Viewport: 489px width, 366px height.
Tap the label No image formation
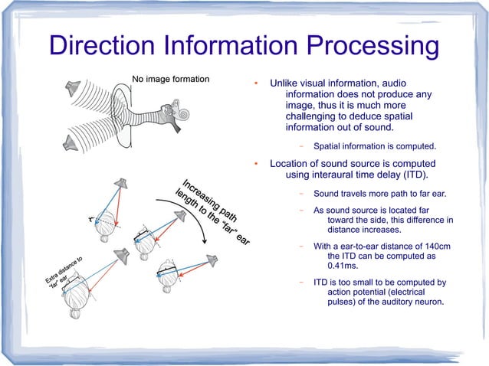[170, 79]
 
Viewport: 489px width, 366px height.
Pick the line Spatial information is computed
[374, 145]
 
